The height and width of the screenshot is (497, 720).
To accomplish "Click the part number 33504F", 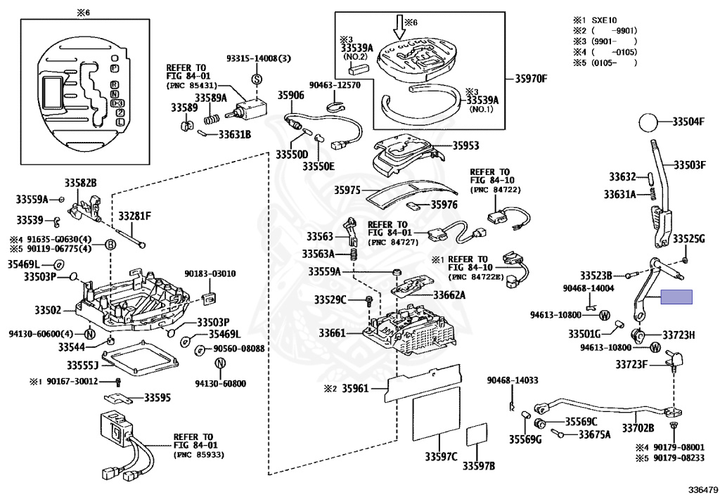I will pyautogui.click(x=687, y=122).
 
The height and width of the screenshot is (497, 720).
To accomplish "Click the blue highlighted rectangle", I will pyautogui.click(x=676, y=297).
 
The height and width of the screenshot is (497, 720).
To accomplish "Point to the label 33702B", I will pyautogui.click(x=638, y=427).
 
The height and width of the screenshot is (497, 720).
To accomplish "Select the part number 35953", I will pyautogui.click(x=465, y=146).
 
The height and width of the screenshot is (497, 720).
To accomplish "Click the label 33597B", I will pyautogui.click(x=479, y=466).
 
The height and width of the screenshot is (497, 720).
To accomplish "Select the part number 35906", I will pyautogui.click(x=290, y=95).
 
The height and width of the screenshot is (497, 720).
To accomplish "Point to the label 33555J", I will pyautogui.click(x=82, y=366).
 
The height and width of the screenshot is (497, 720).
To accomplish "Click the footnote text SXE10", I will pyautogui.click(x=610, y=20).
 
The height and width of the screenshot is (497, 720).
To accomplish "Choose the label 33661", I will pyautogui.click(x=332, y=333).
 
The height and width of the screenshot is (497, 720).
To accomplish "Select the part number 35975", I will pyautogui.click(x=347, y=191).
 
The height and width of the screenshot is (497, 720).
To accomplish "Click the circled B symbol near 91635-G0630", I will pyautogui.click(x=110, y=245).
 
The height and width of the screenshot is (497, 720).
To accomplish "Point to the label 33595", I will pyautogui.click(x=157, y=397).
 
